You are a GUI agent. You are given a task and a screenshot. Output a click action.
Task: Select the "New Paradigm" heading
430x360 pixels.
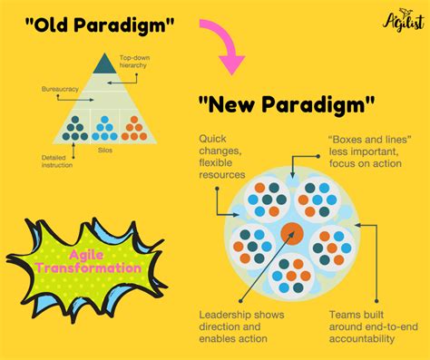click(x=286, y=105)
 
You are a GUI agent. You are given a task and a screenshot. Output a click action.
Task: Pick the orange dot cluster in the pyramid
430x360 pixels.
click(x=133, y=126)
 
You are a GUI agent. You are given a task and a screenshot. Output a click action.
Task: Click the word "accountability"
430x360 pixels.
click(x=362, y=338)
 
